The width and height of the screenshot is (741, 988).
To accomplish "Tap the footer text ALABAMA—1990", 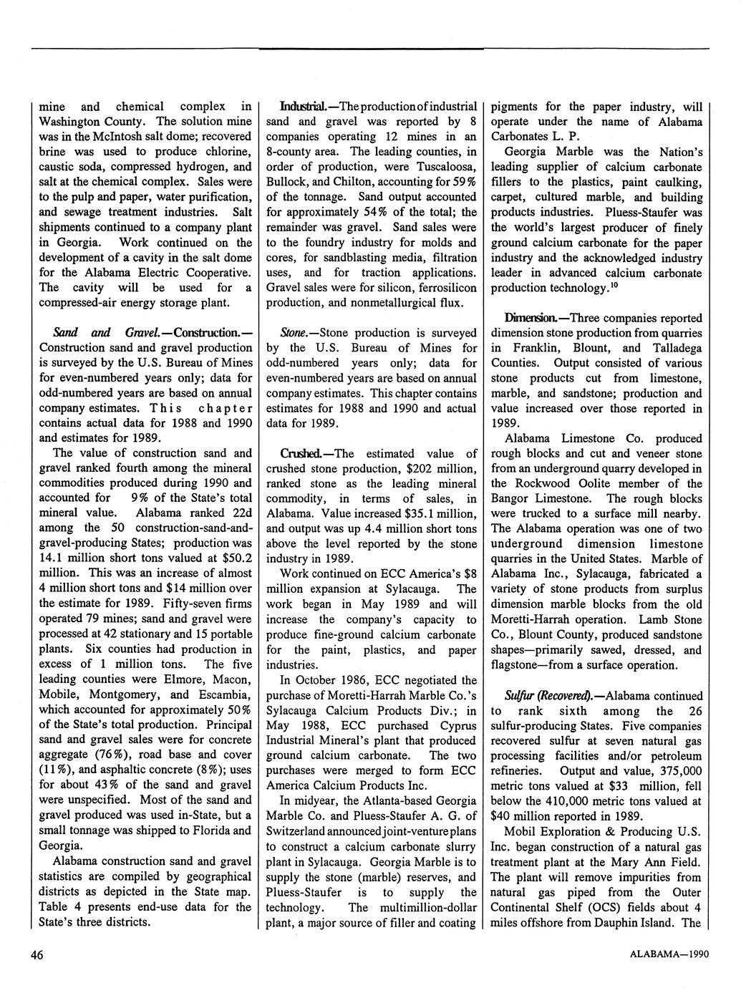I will click(x=669, y=955).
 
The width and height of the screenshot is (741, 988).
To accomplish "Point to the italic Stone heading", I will click(x=294, y=332).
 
